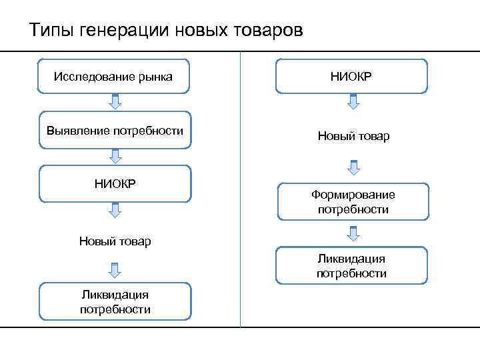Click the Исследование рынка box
click(x=114, y=77)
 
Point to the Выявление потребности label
click(x=115, y=130)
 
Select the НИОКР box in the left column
click(x=115, y=184)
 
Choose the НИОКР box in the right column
click(x=352, y=76)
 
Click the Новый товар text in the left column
click(x=115, y=241)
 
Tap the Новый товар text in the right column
click(x=353, y=136)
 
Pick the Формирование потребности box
click(x=353, y=202)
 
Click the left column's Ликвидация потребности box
click(x=115, y=301)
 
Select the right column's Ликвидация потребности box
click(x=352, y=265)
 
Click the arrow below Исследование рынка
click(x=115, y=102)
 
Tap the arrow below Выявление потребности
click(x=115, y=156)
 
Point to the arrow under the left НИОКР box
click(x=115, y=211)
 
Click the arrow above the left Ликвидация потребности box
click(x=115, y=269)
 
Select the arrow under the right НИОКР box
click(x=353, y=101)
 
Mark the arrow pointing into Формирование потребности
click(x=353, y=166)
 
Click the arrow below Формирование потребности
click(x=353, y=233)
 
